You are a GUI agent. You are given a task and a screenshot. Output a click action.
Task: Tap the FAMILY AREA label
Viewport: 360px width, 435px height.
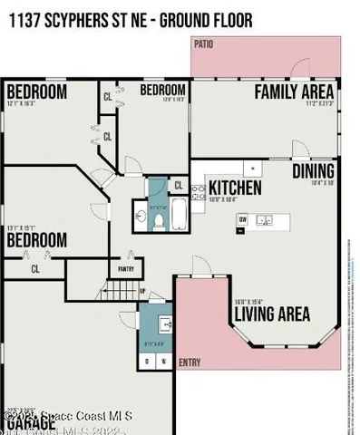point(294,92)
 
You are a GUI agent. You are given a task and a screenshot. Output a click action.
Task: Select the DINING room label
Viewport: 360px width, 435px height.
point(313,171)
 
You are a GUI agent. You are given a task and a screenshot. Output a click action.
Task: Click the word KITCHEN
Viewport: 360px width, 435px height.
point(236,188)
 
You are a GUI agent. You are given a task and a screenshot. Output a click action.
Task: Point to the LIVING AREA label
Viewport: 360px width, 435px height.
point(272,314)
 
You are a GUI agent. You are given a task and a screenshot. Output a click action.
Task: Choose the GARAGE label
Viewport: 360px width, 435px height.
point(24,424)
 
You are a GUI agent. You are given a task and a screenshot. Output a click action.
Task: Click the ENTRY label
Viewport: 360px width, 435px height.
point(190,362)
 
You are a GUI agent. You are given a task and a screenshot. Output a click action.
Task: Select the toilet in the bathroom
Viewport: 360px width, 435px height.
point(158,218)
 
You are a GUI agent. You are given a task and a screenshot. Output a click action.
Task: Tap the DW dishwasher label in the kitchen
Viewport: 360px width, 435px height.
point(242,218)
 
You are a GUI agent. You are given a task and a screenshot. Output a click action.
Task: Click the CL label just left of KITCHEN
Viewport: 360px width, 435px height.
point(179,187)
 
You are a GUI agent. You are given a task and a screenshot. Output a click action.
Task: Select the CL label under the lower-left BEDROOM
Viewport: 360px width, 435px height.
point(36,268)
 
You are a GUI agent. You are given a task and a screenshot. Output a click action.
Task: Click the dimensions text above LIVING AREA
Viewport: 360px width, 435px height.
point(248,302)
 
